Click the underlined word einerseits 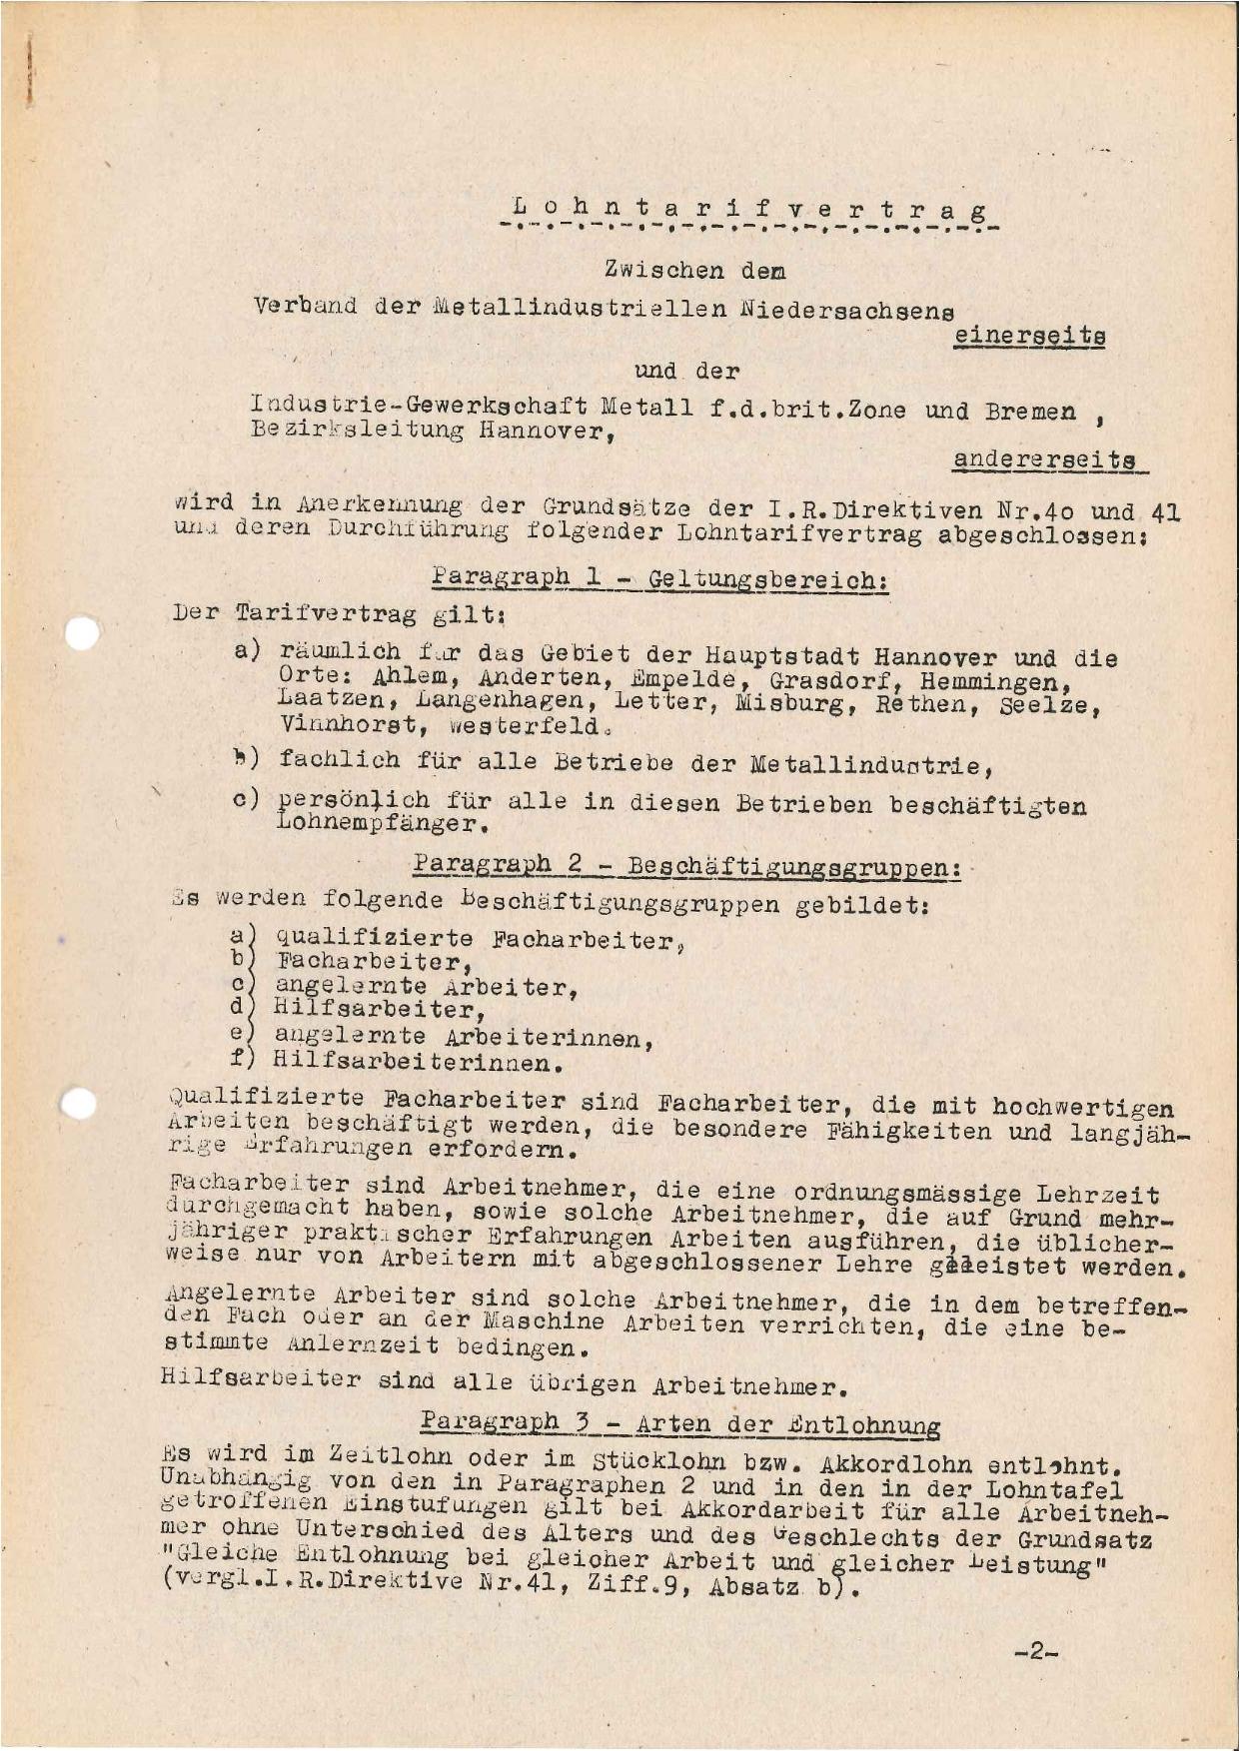pos(1029,338)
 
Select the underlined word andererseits pos(1043,460)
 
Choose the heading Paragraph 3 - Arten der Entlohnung pos(679,1423)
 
